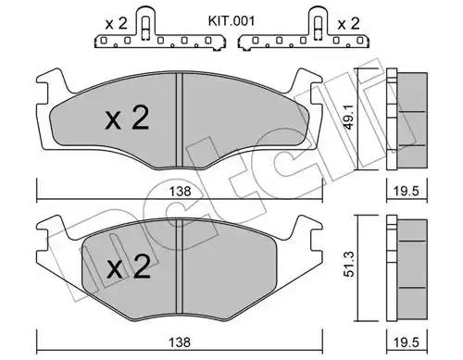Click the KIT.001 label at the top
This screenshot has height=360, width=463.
point(231,21)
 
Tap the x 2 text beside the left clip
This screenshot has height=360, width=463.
point(116,24)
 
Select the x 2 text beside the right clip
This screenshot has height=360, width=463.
point(348,24)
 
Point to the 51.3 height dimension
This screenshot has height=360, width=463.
point(350,264)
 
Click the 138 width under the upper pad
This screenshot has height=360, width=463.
point(180,192)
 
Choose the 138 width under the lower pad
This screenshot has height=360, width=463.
point(180,342)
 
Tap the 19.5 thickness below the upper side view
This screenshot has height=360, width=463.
point(407,192)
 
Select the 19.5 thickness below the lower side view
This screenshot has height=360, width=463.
point(407,342)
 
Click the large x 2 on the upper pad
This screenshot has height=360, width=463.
point(127,118)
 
